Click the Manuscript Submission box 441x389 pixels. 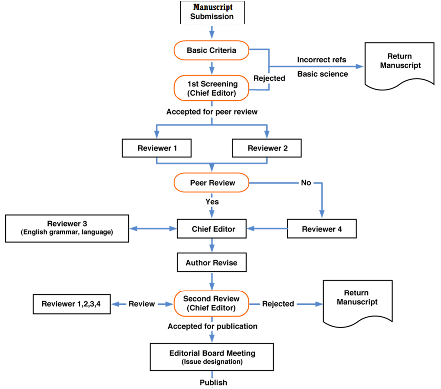point(212,12)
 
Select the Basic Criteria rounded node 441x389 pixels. point(212,50)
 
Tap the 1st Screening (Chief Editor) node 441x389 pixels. point(212,88)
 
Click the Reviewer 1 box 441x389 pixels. point(157,148)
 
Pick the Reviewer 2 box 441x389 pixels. point(267,148)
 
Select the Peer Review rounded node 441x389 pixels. point(212,183)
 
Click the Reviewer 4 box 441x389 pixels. point(322,229)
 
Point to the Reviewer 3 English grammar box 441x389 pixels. point(67,228)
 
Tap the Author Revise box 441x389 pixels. point(212,263)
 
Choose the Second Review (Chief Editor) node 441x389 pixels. point(212,303)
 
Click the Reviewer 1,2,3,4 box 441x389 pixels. point(71,304)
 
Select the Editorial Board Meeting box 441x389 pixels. point(212,357)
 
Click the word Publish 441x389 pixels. point(213,383)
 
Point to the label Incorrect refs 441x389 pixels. point(322,60)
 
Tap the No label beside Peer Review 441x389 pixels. point(306,183)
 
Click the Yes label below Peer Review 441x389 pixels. point(212,202)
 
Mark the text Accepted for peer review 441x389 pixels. point(212,112)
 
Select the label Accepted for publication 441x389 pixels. point(212,327)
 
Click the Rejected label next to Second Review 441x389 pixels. point(278,304)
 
